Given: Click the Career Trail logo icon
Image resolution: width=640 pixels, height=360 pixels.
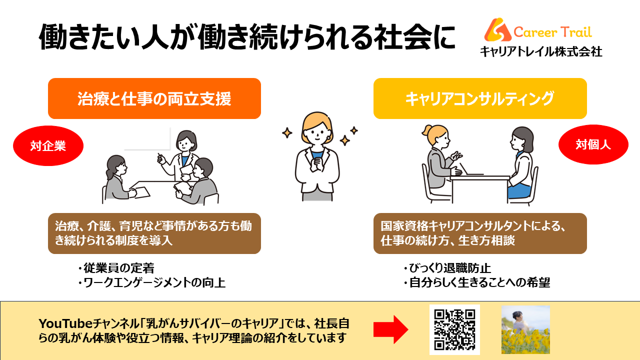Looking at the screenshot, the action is point(497,29).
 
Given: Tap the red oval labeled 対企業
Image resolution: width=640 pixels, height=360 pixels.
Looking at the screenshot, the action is point(48,145).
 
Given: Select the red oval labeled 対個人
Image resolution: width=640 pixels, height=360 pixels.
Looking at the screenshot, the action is point(593,144).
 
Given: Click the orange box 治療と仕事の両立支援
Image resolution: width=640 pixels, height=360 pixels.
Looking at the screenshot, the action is point(154,98).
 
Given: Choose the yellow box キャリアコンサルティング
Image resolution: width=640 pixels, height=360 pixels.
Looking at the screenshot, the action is point(480,98).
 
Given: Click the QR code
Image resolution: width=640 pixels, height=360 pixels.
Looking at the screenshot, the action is point(454,329).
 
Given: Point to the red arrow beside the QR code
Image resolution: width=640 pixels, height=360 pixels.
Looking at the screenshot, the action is point(391,329).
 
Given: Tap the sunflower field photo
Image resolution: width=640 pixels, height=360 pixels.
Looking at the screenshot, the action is point(525,329).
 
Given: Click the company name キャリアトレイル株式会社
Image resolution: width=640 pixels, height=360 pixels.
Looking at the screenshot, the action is point(541,51).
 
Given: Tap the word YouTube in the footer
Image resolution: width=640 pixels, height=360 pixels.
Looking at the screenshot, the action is point(65,323).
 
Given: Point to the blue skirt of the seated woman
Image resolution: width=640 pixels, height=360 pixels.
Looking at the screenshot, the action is point(519,190).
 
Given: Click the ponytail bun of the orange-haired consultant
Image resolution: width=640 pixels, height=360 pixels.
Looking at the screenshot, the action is point(427,131).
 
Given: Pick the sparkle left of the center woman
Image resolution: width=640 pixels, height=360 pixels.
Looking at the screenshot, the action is point(287,133).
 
